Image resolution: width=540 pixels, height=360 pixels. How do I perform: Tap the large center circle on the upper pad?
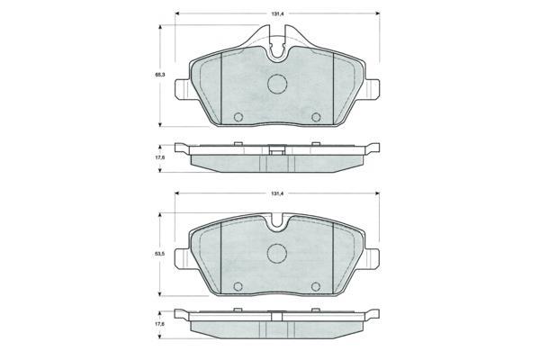[277, 84]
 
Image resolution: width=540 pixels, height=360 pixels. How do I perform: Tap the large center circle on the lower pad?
[277, 254]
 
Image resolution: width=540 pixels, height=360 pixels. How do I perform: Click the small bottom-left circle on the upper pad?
[238, 117]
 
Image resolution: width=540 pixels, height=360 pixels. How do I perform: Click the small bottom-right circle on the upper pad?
[316, 117]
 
